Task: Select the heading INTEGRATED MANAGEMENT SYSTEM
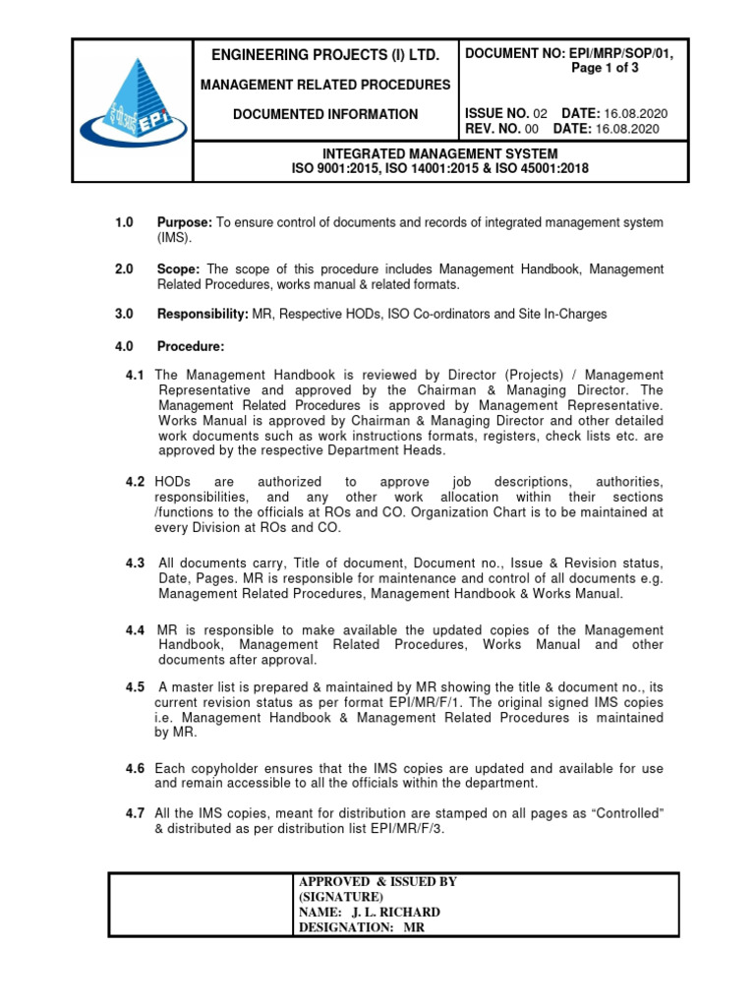coord(439,154)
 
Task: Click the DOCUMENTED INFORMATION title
coord(324,114)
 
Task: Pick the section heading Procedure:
coord(191,346)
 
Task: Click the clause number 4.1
coord(136,376)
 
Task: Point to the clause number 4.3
coord(136,563)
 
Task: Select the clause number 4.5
coord(136,686)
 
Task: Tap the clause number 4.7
coord(136,812)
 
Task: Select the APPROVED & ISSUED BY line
coord(377,882)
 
